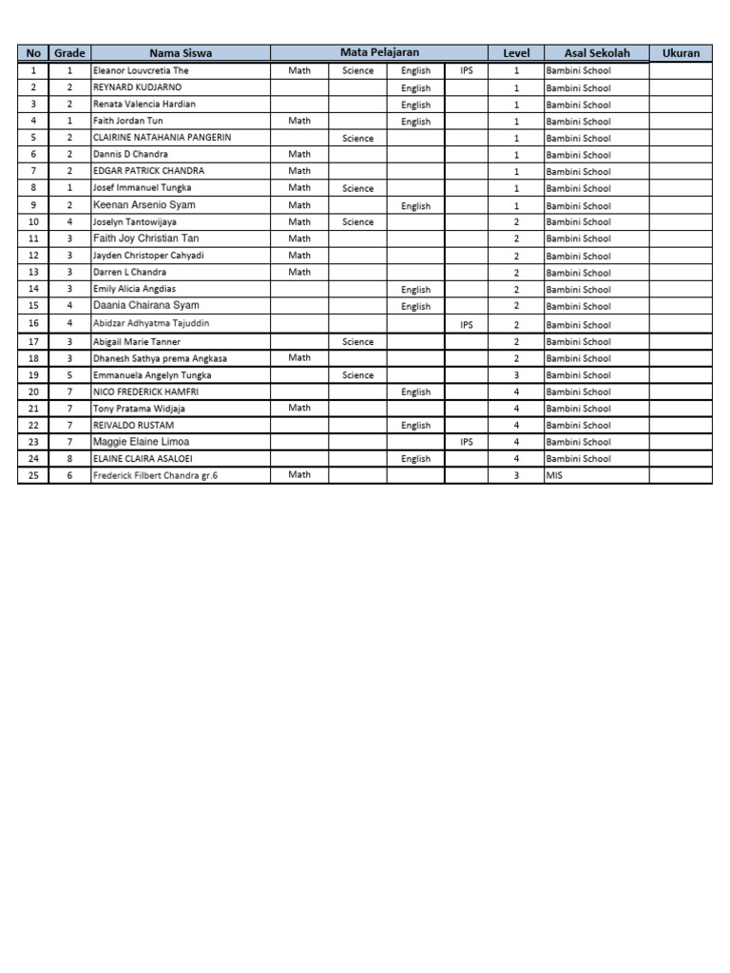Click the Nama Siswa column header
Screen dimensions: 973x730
pos(180,53)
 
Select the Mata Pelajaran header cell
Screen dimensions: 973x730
pos(379,53)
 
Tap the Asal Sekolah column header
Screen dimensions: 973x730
pos(596,53)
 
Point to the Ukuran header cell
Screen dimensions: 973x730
pos(681,53)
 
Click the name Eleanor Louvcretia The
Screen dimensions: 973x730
pos(140,70)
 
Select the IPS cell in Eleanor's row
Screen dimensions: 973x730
pos(466,70)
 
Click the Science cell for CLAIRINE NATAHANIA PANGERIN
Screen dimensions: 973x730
pos(358,138)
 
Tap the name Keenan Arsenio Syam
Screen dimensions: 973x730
pos(144,205)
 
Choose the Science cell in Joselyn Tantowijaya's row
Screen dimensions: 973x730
pos(358,222)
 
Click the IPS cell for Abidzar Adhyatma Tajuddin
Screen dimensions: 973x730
pos(466,324)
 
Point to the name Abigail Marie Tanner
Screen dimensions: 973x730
pos(136,341)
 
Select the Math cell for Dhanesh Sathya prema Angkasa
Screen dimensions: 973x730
pos(299,357)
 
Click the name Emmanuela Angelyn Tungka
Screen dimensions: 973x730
pos(152,375)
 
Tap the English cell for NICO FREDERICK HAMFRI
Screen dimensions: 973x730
pos(415,391)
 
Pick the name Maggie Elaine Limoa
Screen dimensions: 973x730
pos(141,442)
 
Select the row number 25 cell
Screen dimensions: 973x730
pos(33,475)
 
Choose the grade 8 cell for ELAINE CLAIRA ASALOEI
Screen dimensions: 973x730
pos(69,458)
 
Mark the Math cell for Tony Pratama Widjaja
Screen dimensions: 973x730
pos(299,408)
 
